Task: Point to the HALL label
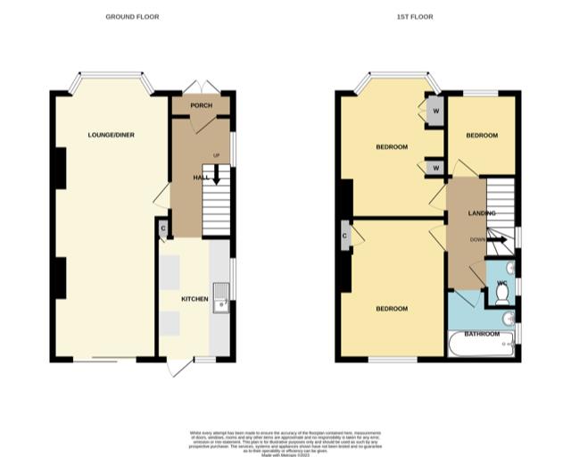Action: click(x=201, y=178)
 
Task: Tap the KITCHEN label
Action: click(x=194, y=298)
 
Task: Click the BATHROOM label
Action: click(x=481, y=334)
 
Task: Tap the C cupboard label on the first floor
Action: click(x=344, y=236)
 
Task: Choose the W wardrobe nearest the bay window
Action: click(x=435, y=112)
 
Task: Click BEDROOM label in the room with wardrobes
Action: click(x=392, y=146)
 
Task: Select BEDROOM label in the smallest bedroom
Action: click(x=482, y=135)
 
